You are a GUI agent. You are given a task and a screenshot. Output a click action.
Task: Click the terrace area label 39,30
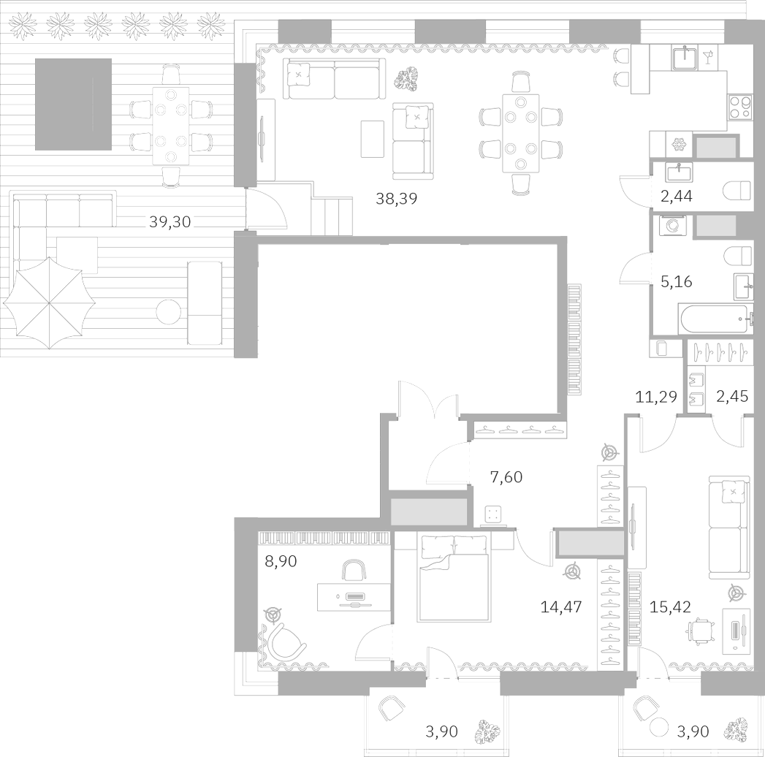click(x=170, y=222)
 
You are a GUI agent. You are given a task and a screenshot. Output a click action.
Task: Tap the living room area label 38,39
click(x=396, y=198)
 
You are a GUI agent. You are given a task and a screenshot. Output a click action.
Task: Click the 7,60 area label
click(x=506, y=478)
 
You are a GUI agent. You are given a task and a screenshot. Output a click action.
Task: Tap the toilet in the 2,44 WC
click(x=737, y=191)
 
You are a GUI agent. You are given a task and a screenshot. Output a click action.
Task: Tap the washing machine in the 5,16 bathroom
click(x=669, y=226)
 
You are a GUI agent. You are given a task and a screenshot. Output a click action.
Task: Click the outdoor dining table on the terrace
click(x=170, y=126)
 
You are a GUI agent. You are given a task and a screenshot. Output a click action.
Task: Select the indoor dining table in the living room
click(x=520, y=133)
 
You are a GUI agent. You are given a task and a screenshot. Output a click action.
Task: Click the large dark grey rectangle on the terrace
click(x=73, y=104)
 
